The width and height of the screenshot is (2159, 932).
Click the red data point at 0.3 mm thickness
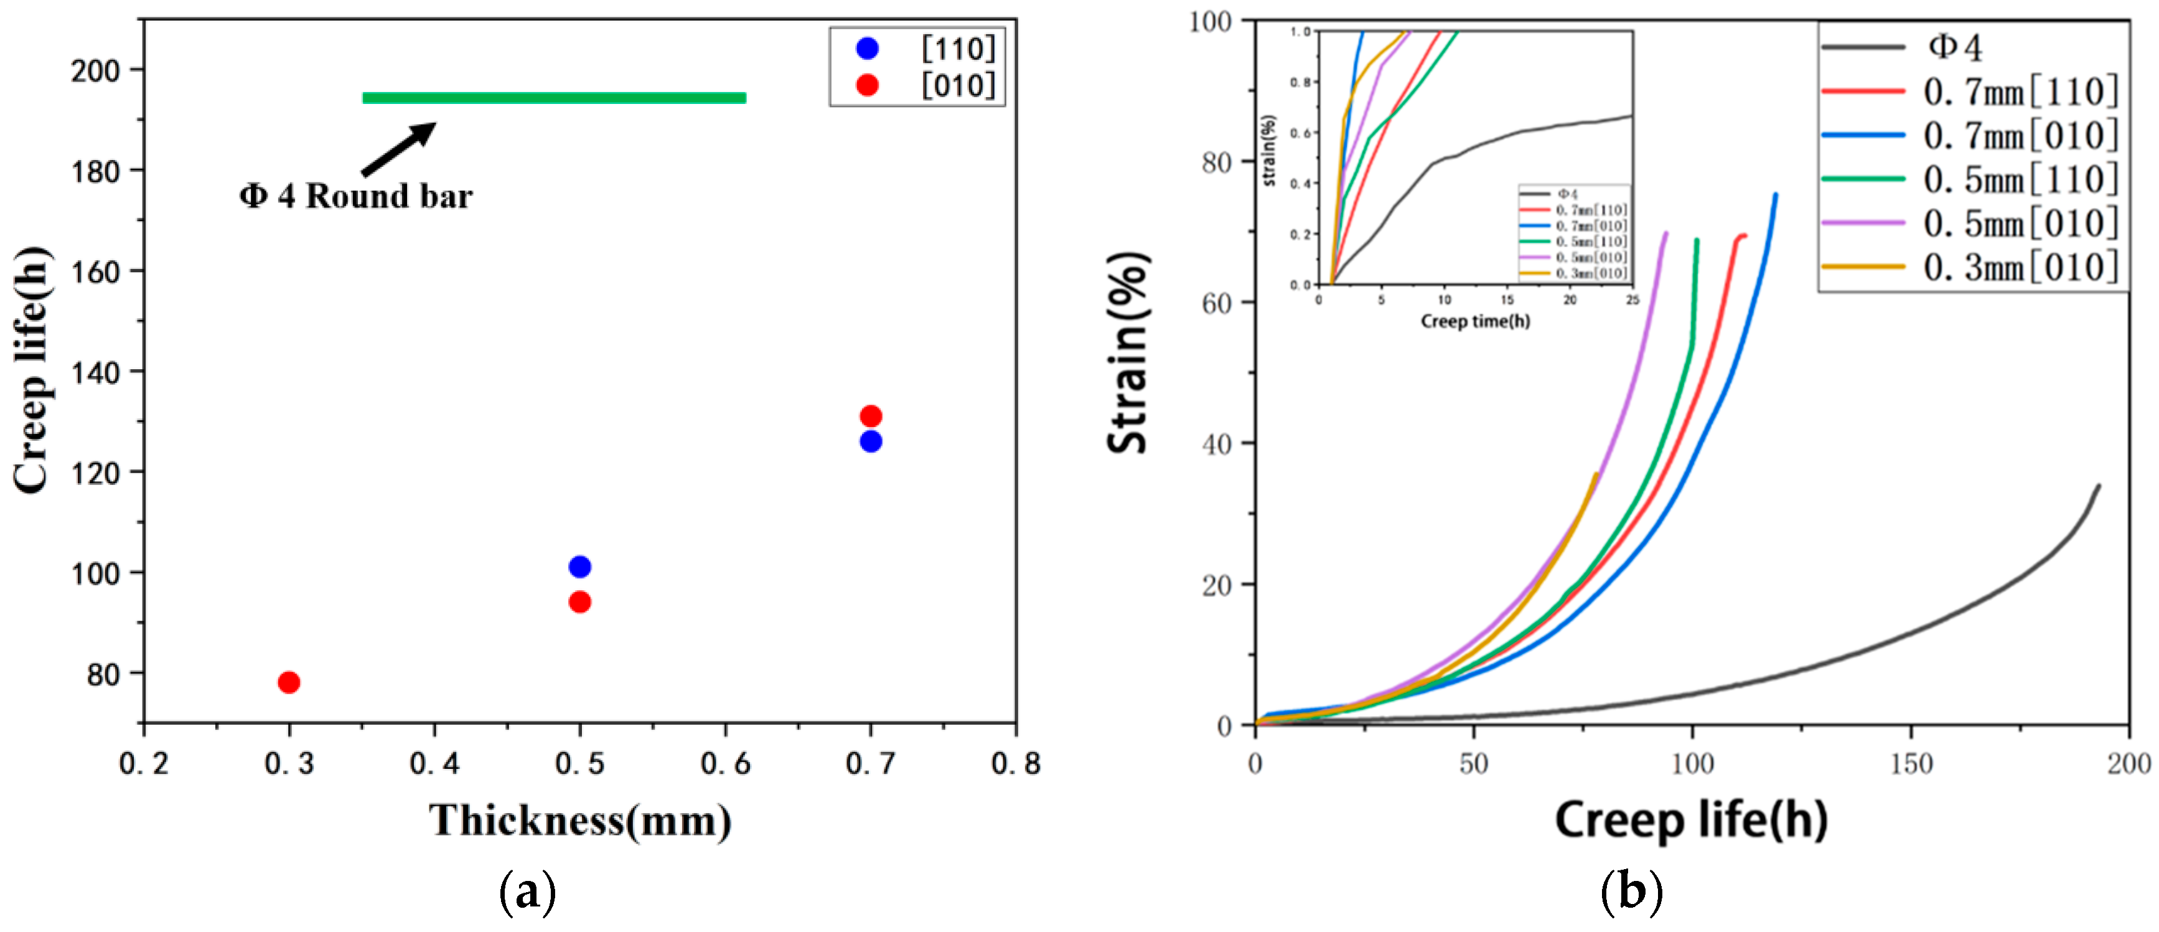[288, 682]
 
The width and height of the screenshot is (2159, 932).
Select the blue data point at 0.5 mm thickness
[579, 567]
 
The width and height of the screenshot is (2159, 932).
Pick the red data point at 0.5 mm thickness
[579, 602]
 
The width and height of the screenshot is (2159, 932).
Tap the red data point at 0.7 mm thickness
[871, 416]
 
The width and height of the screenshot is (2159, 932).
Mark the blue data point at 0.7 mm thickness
[871, 441]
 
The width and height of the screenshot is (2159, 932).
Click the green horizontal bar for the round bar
[553, 98]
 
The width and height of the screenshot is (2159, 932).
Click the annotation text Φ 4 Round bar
[355, 196]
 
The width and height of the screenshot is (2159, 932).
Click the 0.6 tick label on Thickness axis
[725, 763]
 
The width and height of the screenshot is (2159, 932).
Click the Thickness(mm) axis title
[580, 820]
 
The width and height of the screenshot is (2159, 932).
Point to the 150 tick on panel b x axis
[1911, 763]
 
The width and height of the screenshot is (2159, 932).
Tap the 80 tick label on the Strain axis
[1216, 162]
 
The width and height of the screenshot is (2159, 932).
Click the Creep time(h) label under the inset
[1475, 321]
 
